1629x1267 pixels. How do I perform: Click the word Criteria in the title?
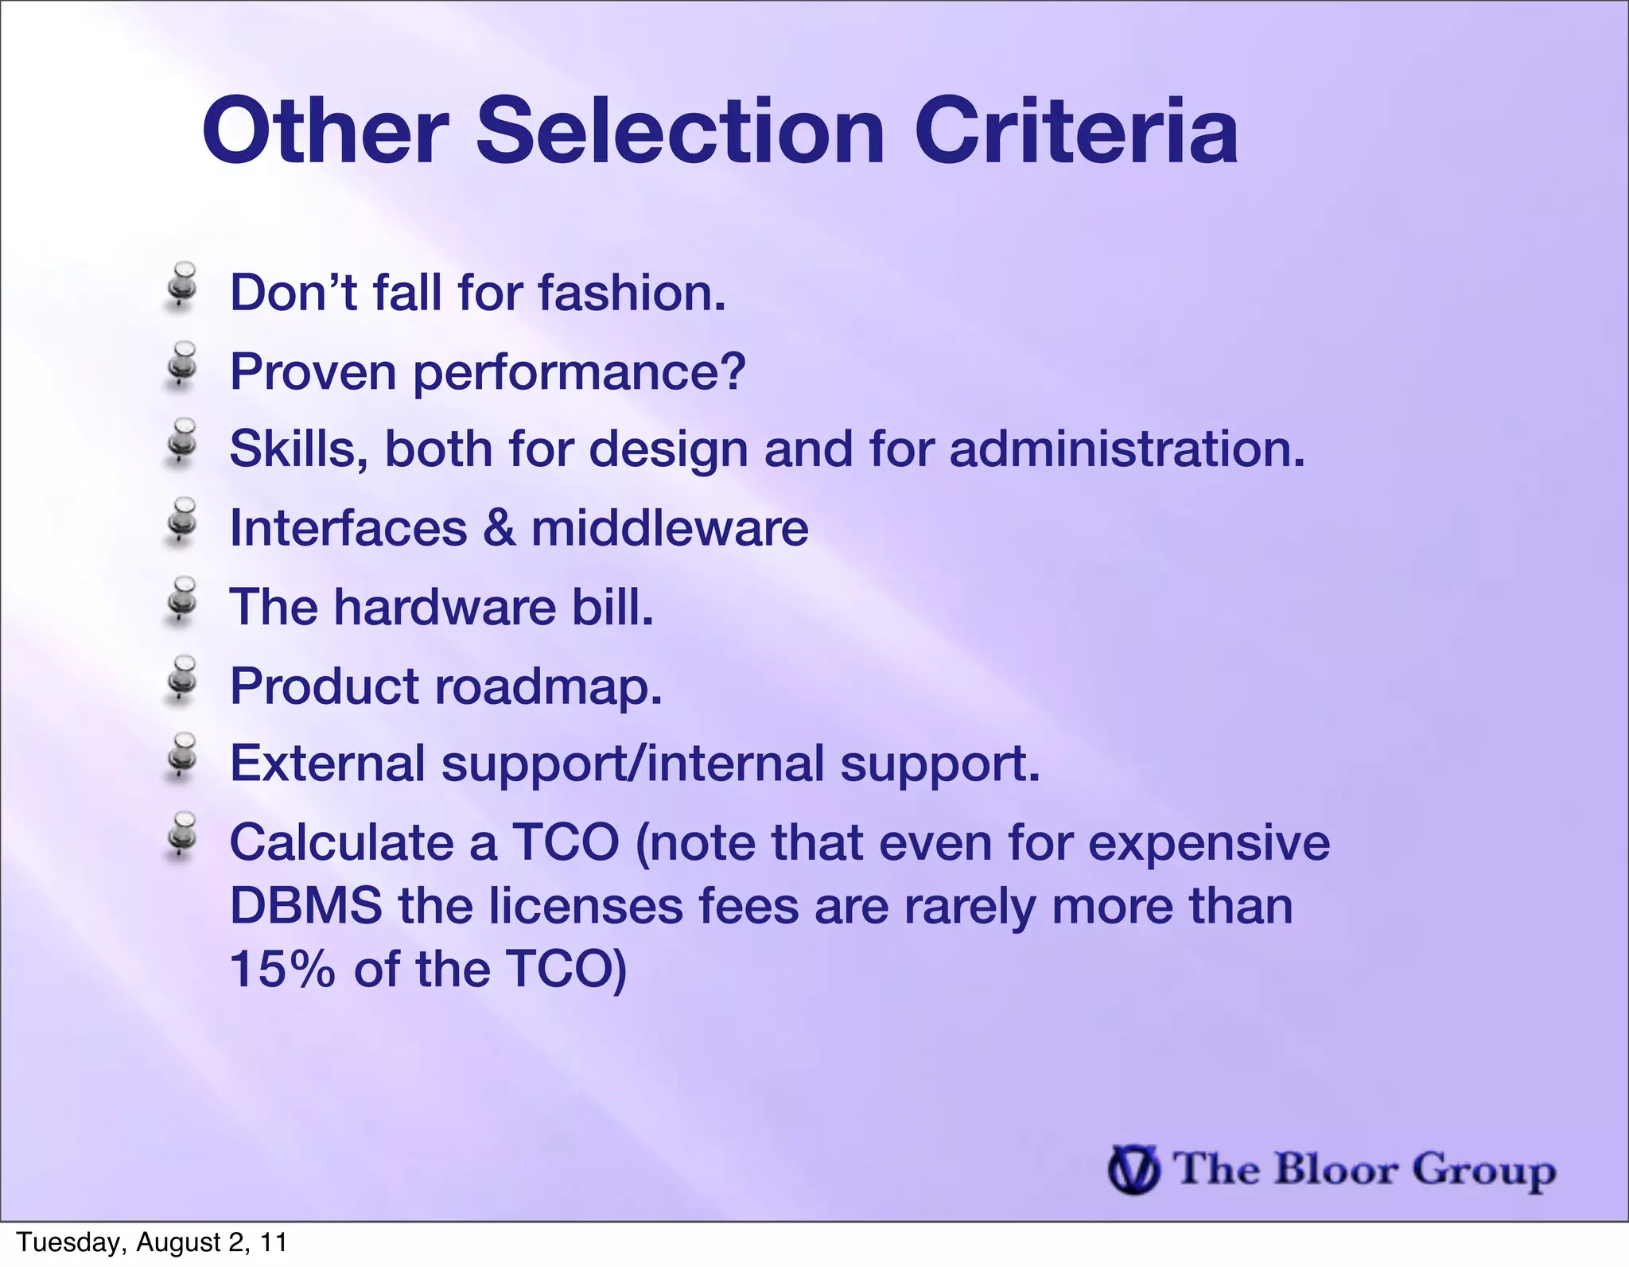[1075, 131]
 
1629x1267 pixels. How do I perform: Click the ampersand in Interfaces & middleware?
[499, 528]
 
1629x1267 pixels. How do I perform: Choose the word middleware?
[670, 528]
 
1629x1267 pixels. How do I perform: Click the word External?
[328, 764]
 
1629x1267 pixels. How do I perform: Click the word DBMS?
[305, 906]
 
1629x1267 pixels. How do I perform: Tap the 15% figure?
[282, 970]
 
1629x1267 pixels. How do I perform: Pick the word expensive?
[1208, 842]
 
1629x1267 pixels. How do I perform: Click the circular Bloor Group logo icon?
[1133, 1170]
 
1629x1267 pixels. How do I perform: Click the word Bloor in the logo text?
[1335, 1170]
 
